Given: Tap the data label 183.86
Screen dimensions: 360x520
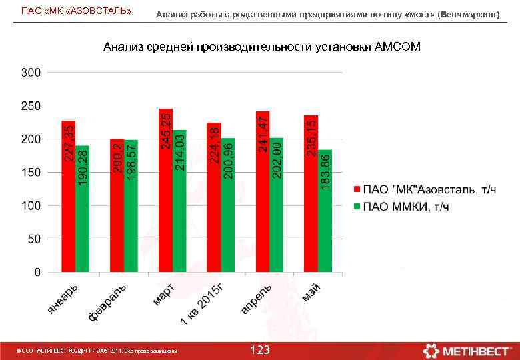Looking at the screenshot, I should (325, 171).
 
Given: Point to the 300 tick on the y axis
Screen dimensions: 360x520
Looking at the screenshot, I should (31, 72).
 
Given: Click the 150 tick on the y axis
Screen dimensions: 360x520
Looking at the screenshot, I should (31, 172).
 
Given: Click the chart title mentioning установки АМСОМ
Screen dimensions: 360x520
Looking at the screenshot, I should (261, 47).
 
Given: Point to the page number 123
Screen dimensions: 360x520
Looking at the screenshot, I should (259, 350).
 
